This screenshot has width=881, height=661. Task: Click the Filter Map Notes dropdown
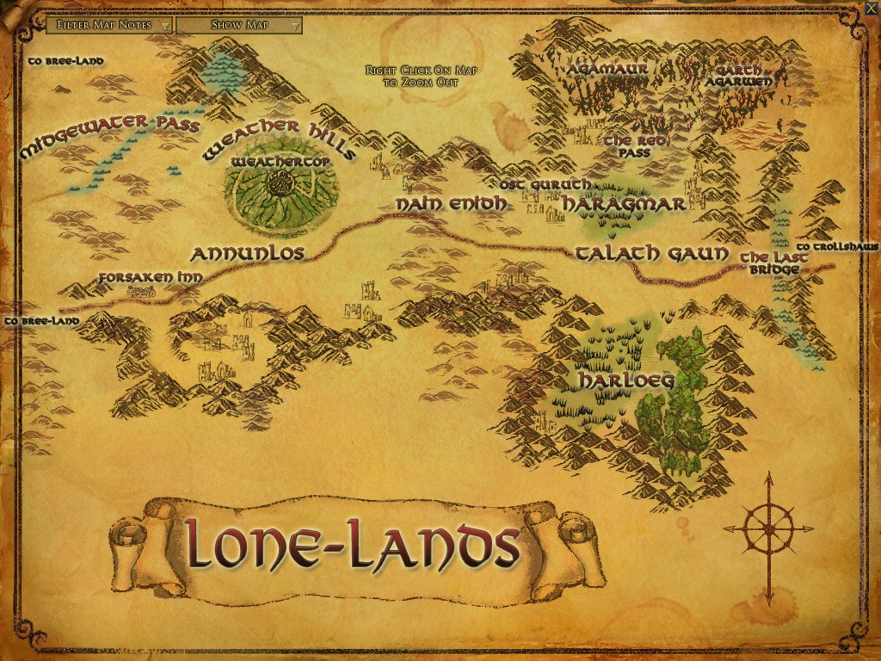109,25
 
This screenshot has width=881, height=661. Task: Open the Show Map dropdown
239,25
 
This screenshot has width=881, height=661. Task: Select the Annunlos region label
247,253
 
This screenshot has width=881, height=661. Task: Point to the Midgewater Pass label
109,135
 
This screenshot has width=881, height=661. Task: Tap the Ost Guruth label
545,184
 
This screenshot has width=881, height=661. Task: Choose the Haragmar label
624,204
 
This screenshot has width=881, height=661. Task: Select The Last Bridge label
773,263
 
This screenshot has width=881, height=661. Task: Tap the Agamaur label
607,68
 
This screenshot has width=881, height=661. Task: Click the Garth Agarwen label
738,76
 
